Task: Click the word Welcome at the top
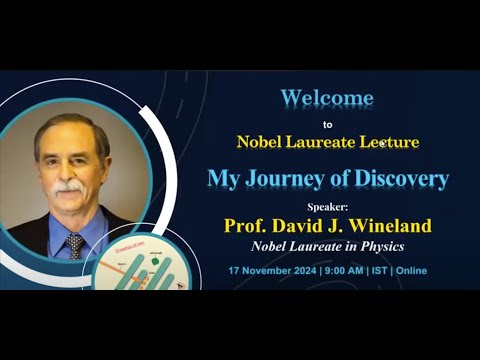point(327,98)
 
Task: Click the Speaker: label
point(328,206)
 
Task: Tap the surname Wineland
point(391,224)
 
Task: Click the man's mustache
point(69,187)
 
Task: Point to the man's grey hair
point(70,125)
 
